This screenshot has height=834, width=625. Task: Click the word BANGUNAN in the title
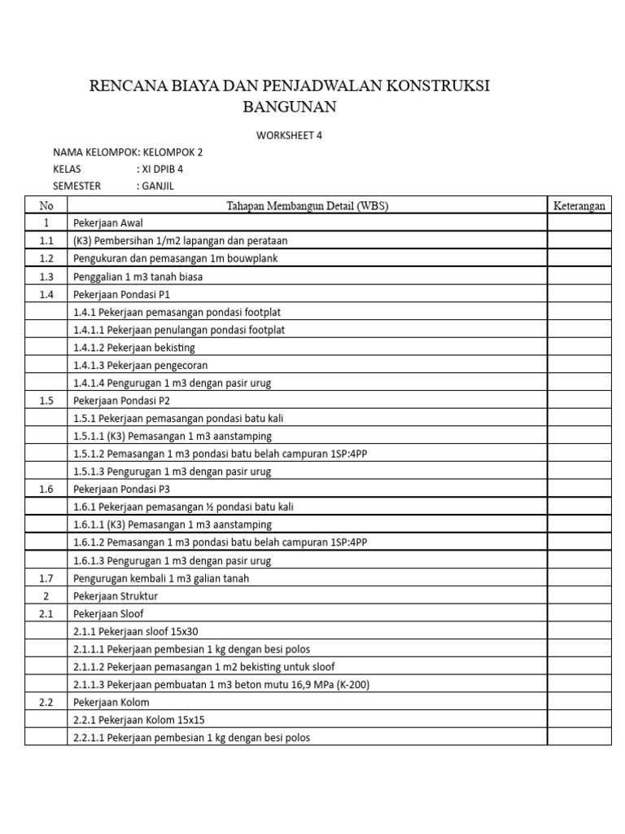pyautogui.click(x=289, y=107)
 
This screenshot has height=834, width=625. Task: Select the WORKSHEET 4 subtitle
pyautogui.click(x=289, y=135)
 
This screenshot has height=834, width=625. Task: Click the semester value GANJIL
pyautogui.click(x=159, y=186)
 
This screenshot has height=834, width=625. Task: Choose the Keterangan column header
pyautogui.click(x=579, y=206)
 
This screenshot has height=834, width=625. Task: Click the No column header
pyautogui.click(x=46, y=206)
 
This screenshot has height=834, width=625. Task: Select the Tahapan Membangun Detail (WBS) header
pyautogui.click(x=307, y=206)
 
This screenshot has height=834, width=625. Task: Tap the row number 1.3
pyautogui.click(x=46, y=277)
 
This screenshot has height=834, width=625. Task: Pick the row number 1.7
pyautogui.click(x=46, y=578)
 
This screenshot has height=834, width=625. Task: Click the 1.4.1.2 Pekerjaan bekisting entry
pyautogui.click(x=133, y=348)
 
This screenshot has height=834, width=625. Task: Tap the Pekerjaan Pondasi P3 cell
pyautogui.click(x=121, y=489)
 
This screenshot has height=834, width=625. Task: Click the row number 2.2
pyautogui.click(x=46, y=702)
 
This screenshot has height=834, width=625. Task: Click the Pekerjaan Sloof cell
pyautogui.click(x=106, y=613)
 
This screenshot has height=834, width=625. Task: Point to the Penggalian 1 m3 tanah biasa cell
pyautogui.click(x=138, y=277)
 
